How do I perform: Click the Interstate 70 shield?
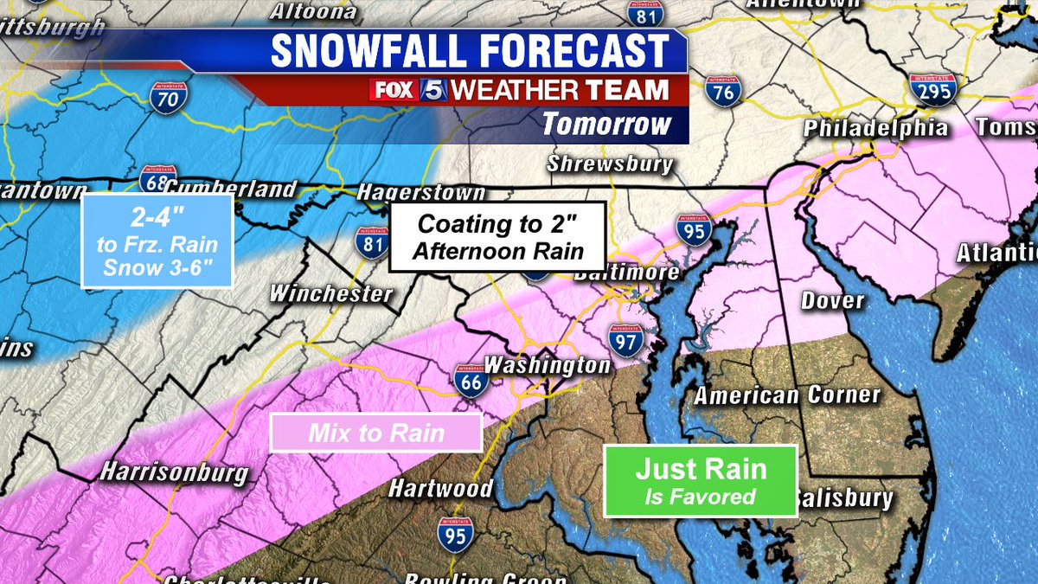[x=164, y=96]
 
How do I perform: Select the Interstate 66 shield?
[x=469, y=380]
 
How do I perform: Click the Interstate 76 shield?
[x=722, y=90]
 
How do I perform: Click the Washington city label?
[x=547, y=365]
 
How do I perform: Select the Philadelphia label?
[x=875, y=129]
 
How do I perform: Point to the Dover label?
[x=832, y=300]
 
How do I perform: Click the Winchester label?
[x=331, y=293]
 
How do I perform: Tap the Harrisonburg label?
[x=174, y=473]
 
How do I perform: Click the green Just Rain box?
[x=700, y=480]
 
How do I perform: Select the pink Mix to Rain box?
[x=375, y=433]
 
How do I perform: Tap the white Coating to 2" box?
[x=496, y=237]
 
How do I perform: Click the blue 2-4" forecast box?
[x=157, y=241]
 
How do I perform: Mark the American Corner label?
[x=787, y=395]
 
